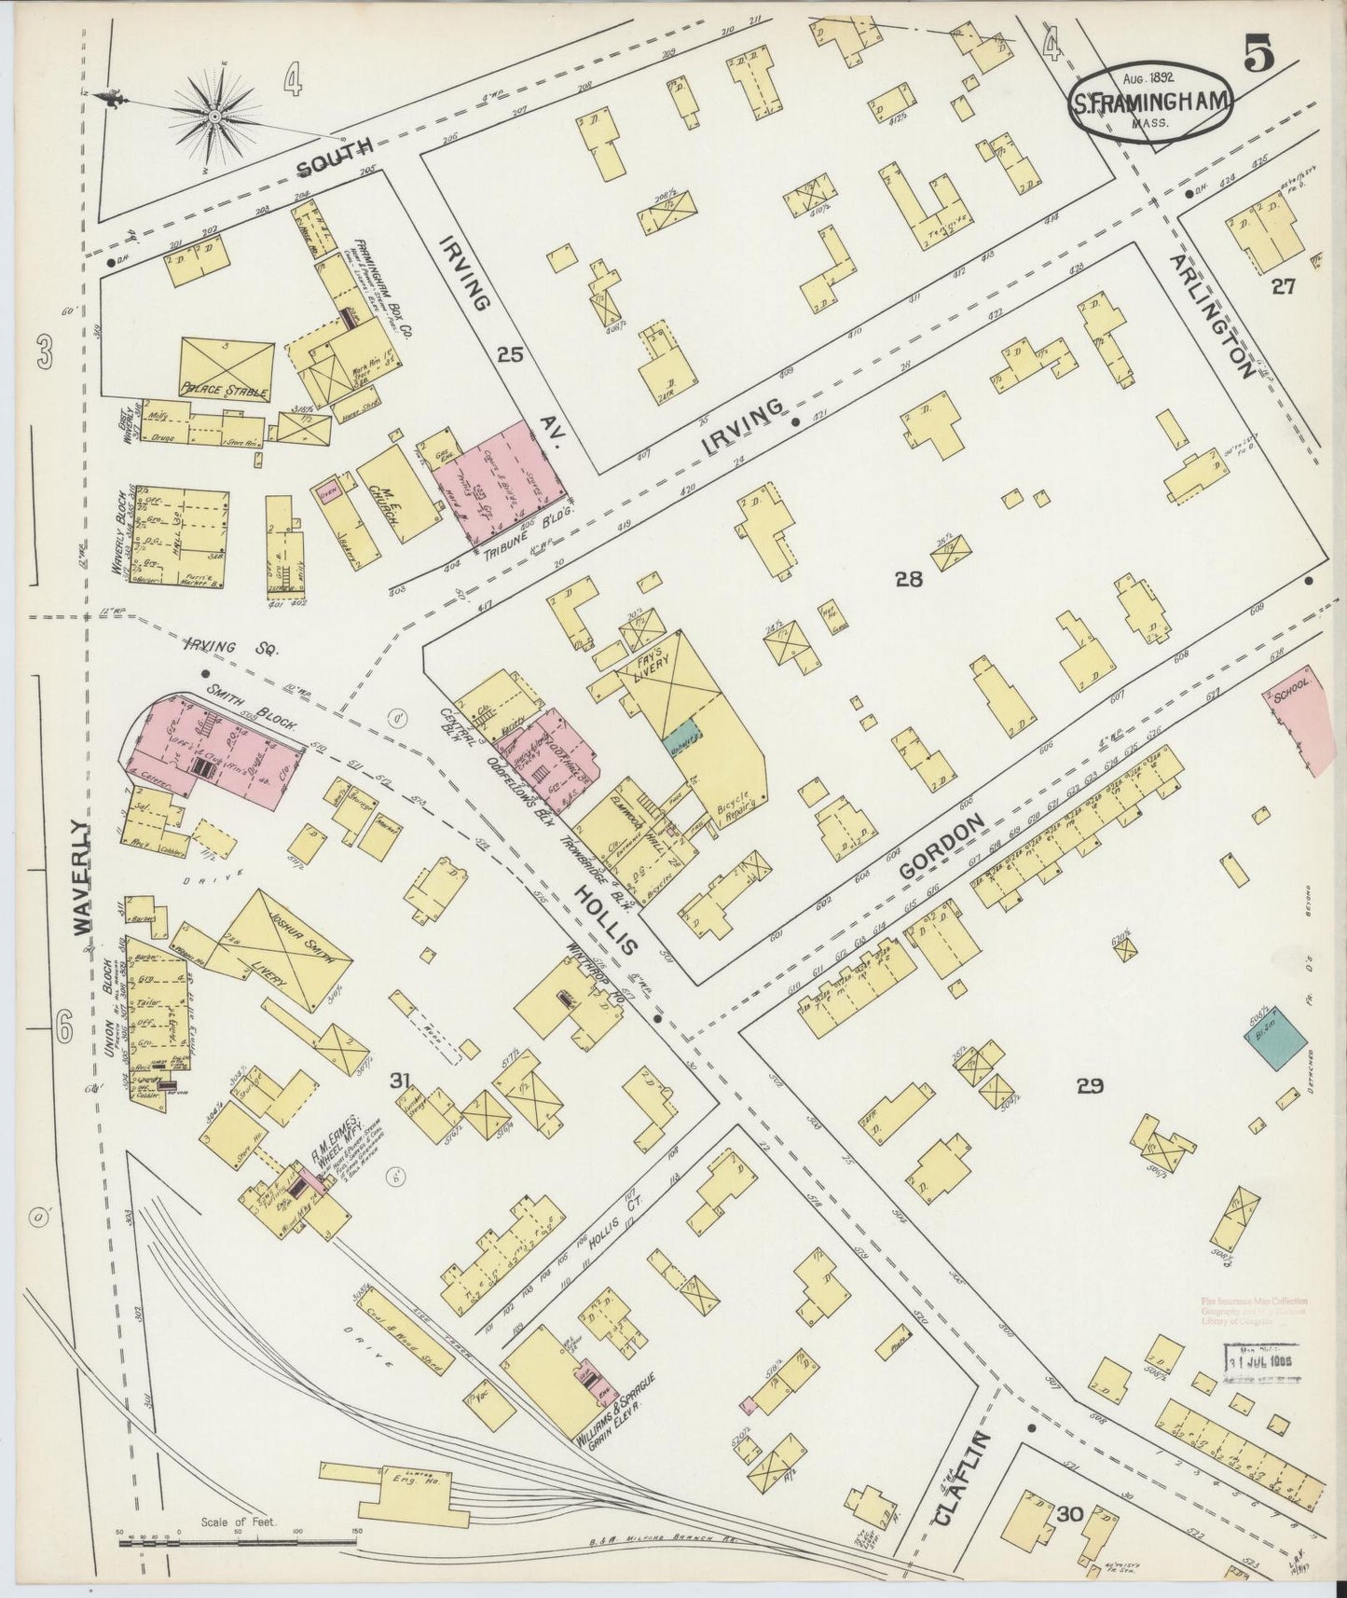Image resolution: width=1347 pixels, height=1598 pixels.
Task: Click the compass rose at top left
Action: click(x=214, y=117)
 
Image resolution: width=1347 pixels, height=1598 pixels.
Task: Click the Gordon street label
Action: click(x=942, y=847)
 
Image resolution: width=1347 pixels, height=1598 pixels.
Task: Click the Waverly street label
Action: click(x=84, y=876)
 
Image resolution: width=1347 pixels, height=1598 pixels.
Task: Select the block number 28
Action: click(x=908, y=579)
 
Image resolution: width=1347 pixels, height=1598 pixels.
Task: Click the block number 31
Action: click(x=400, y=1080)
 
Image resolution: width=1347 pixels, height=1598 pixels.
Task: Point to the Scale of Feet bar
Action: click(x=238, y=1543)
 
